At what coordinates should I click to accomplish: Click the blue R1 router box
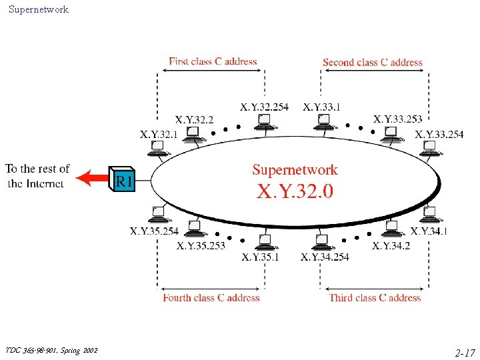[x=122, y=179]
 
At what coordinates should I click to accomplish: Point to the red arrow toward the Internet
[x=92, y=178]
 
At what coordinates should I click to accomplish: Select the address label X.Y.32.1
[x=159, y=135]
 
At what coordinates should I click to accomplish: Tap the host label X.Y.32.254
[x=264, y=107]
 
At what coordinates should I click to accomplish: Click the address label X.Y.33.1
[x=321, y=107]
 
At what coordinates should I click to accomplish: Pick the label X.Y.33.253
[x=397, y=119]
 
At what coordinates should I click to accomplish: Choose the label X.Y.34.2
[x=391, y=245]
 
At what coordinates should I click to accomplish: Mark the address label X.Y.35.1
[x=260, y=257]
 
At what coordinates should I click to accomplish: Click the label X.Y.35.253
[x=201, y=245]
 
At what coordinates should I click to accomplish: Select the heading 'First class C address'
[x=213, y=61]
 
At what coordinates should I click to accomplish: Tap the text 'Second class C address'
[x=373, y=63]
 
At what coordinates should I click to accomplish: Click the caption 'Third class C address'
[x=375, y=297]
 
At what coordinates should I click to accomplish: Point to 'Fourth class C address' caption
[x=211, y=297]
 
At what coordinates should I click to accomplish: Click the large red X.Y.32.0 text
[x=295, y=191]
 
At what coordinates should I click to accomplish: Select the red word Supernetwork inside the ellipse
[x=295, y=169]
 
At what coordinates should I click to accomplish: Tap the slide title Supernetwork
[x=39, y=9]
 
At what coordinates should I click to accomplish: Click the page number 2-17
[x=465, y=353]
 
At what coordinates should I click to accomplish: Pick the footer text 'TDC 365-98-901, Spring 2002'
[x=51, y=350]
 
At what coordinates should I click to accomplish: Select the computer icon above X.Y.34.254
[x=323, y=242]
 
